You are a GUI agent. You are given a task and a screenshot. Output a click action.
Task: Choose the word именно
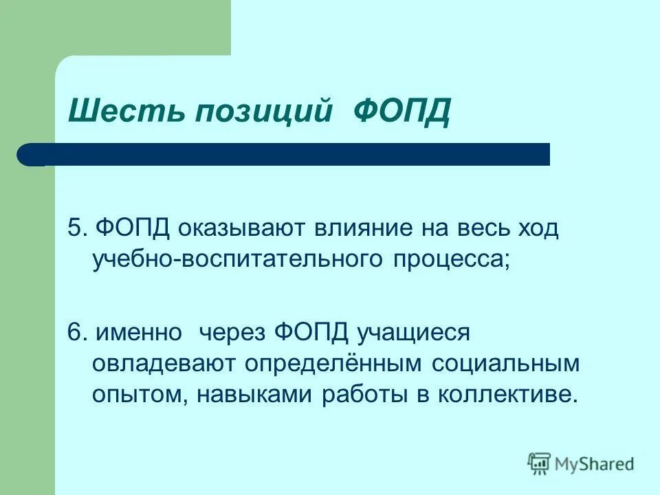pyautogui.click(x=139, y=331)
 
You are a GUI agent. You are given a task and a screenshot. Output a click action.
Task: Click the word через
pyautogui.click(x=234, y=332)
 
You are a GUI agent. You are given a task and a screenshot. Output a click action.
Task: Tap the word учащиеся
pyautogui.click(x=412, y=332)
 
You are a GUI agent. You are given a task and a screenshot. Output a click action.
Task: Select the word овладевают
pyautogui.click(x=163, y=364)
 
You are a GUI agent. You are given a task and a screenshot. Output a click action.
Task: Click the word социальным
pyautogui.click(x=506, y=364)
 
